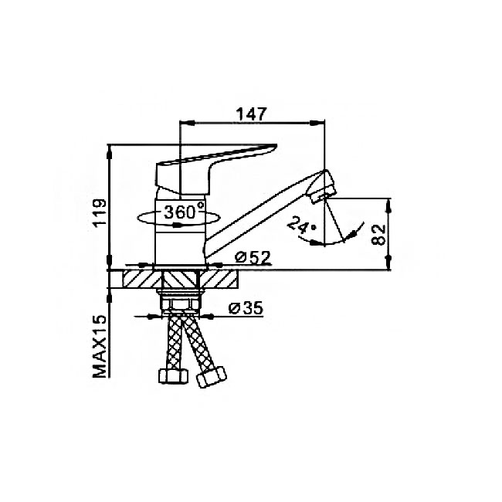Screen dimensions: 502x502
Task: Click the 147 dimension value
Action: click(251, 114)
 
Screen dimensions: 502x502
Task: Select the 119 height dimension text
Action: click(100, 213)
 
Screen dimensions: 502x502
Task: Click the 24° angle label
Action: click(301, 224)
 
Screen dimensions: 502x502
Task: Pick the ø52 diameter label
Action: click(253, 257)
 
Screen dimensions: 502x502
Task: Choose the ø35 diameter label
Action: click(246, 308)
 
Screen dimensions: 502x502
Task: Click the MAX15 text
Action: click(100, 347)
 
